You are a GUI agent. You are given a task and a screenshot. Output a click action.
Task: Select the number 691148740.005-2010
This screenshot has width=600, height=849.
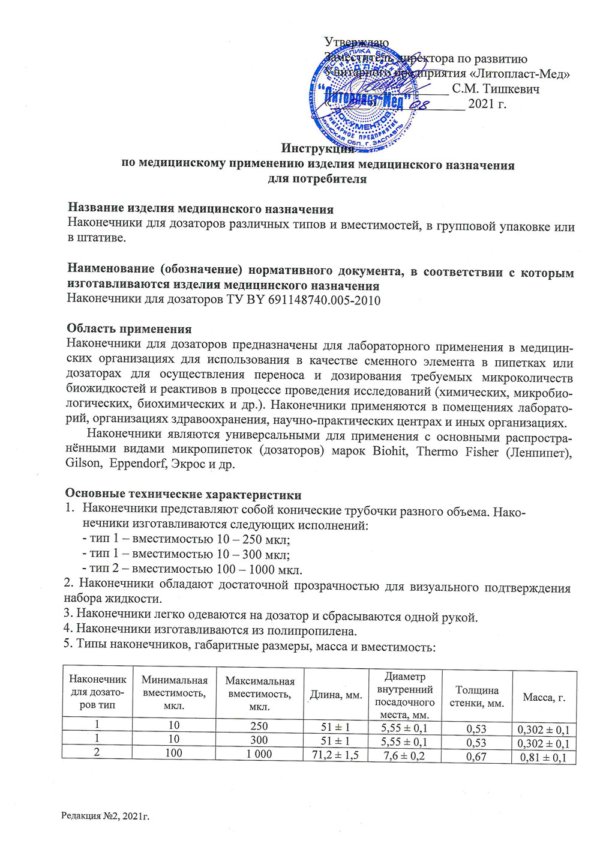pos(322,300)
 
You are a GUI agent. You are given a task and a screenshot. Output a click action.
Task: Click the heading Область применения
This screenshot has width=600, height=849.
pos(129,329)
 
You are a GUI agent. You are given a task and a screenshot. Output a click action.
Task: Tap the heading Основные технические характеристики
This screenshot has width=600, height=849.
pos(183,495)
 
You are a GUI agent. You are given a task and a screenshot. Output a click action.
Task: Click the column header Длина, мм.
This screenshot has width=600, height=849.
pos(336,695)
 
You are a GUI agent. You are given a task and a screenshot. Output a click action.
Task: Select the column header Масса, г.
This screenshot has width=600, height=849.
pos(544,697)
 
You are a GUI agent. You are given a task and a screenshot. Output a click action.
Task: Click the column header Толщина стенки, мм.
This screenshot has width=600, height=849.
pos(477,696)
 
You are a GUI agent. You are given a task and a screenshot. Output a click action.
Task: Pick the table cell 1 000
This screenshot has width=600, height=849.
pos(259,754)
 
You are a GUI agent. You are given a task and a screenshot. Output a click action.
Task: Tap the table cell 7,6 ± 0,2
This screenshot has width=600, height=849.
pos(404,755)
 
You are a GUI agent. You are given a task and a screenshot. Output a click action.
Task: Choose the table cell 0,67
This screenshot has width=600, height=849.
pos(476,757)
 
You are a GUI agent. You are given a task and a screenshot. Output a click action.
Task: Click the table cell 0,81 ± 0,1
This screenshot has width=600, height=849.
pos(544,757)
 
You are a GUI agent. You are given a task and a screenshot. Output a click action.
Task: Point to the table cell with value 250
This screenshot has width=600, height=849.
pos(259,727)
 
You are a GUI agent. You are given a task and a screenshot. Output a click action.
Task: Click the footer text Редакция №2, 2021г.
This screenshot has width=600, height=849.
pos(105,815)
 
